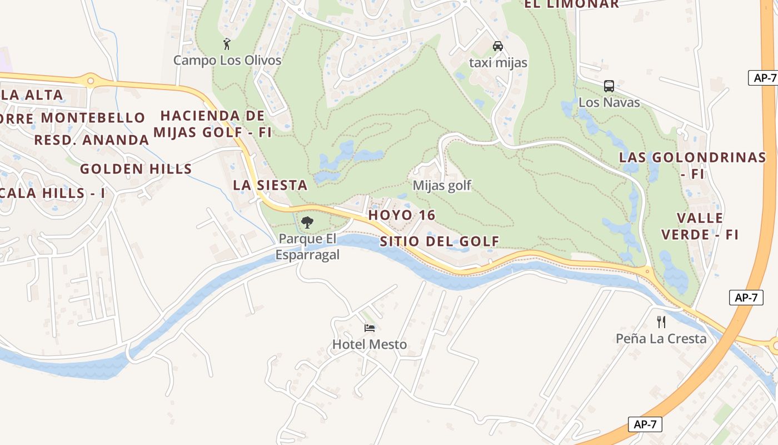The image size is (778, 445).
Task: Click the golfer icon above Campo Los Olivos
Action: pos(227,44)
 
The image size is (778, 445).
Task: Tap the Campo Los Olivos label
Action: pos(227,60)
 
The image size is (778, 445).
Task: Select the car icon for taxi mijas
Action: pos(498,46)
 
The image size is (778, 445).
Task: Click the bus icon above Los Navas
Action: pos(609,86)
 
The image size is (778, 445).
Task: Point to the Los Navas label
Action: pos(609,102)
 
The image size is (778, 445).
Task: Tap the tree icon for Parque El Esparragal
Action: pos(307,223)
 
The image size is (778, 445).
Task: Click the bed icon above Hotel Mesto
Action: pos(370,328)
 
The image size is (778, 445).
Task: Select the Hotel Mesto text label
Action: pos(370,344)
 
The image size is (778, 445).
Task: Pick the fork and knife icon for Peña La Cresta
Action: pos(661,322)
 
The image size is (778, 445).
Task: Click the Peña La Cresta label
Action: pos(661,338)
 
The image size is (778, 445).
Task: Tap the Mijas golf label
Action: pos(442,185)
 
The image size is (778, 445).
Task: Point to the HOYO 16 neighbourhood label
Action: pos(402,215)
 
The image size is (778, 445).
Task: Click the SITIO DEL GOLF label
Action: pos(440,241)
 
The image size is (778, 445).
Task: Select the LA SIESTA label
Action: pos(270,185)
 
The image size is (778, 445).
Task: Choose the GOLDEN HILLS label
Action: pos(136,169)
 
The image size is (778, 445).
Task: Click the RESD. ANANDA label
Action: pos(92,140)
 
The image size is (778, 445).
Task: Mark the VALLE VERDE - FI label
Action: pos(700,226)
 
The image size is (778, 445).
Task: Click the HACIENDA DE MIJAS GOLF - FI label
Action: pos(213,124)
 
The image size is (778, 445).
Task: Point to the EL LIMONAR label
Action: pos(572,4)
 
